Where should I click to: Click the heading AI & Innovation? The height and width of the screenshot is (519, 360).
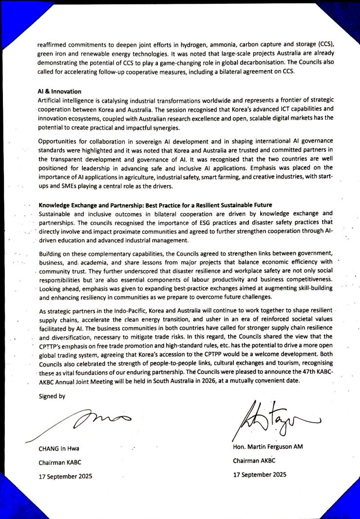[x=59, y=92]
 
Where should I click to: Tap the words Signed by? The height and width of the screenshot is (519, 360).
[x=52, y=396]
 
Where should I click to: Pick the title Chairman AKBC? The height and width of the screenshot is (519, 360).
[x=254, y=461]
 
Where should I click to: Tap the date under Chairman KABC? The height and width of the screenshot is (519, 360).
[x=65, y=476]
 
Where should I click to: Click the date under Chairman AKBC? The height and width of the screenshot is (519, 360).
[x=259, y=474]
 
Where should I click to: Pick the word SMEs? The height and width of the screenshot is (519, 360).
[x=65, y=186]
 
